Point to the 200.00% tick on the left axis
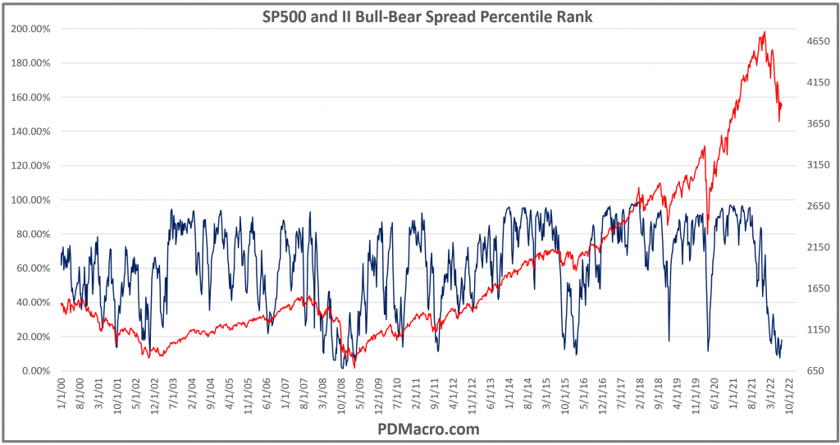pos(32,29)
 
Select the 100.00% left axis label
pos(32,200)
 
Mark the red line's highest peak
pos(765,33)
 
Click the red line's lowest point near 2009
pos(354,367)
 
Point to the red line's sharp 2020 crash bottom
pos(708,234)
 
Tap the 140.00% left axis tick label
pos(32,131)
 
